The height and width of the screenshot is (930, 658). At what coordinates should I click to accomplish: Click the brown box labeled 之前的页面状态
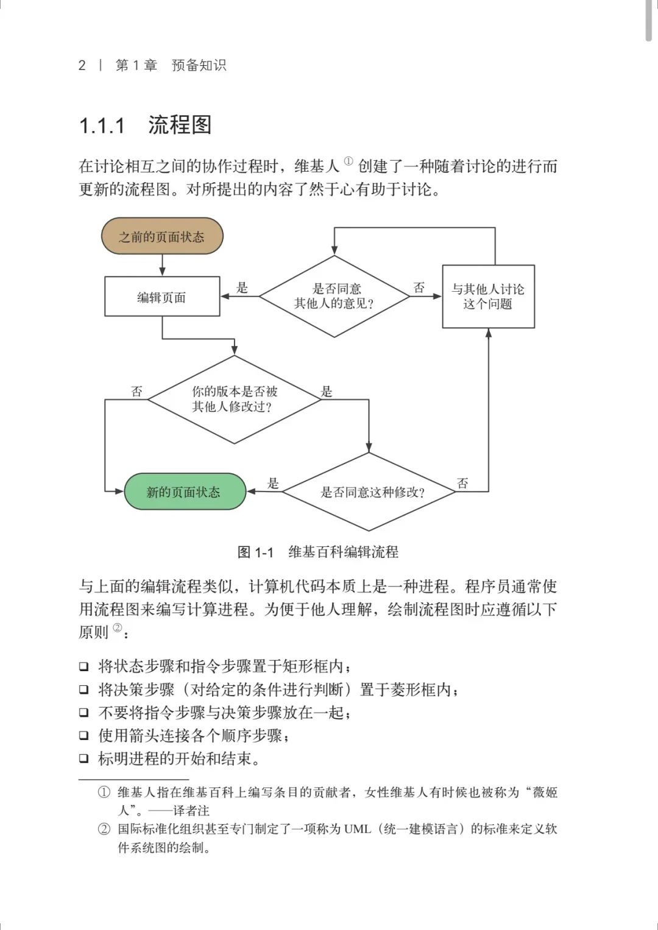pos(162,236)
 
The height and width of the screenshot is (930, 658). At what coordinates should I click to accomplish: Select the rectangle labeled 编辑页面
pos(162,297)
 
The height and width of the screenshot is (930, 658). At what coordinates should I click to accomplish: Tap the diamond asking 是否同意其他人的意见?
pos(334,296)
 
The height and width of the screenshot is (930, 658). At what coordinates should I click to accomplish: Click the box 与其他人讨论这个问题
pos(488,297)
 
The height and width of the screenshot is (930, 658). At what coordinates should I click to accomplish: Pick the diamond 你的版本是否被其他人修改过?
pos(235,400)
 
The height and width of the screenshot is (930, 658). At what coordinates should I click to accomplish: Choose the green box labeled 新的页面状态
pos(185,491)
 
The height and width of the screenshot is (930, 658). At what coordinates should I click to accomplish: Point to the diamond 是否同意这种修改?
pos(369,492)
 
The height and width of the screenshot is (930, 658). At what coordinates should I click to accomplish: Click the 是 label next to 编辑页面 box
pos(242,287)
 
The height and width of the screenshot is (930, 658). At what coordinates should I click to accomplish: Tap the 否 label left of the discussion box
pos(419,287)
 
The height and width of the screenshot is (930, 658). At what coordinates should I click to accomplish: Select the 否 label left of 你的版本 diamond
pos(137,391)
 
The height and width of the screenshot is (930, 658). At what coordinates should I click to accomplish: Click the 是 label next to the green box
pos(273,483)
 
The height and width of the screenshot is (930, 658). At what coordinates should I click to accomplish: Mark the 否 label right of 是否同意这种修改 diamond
pos(462,483)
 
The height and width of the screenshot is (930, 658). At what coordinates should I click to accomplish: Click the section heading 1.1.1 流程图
pos(146,125)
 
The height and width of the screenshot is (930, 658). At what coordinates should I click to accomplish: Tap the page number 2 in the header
pos(82,65)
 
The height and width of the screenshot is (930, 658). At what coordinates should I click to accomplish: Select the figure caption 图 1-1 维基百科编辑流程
pos(317,552)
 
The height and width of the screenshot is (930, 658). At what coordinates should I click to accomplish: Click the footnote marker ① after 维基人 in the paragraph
pos(348,161)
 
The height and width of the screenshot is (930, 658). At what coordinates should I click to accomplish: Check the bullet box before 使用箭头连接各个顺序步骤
pos(84,736)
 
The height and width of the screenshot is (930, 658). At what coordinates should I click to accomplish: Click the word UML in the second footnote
pos(357,829)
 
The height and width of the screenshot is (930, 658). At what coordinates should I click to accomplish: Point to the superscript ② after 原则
pos(118,628)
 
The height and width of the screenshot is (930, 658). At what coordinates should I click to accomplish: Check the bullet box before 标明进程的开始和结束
pos(84,759)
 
